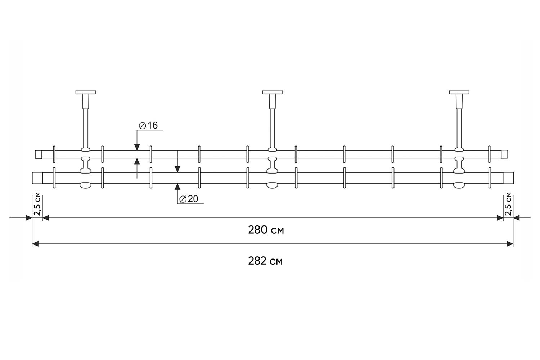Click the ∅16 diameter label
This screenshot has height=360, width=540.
(148, 125)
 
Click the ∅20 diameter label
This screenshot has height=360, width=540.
(189, 199)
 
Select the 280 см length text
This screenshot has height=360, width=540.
(266, 230)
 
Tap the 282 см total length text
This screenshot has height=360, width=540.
(265, 261)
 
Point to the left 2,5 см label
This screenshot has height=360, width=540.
(37, 204)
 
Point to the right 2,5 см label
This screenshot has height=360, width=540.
(508, 204)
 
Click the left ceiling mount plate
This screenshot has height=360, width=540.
(86, 93)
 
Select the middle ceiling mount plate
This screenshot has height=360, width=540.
(273, 93)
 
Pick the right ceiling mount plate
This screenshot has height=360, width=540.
(459, 93)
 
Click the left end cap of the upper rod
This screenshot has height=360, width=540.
(39, 154)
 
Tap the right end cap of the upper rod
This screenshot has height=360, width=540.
(505, 154)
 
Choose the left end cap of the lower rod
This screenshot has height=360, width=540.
(37, 178)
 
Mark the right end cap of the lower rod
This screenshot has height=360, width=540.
(508, 178)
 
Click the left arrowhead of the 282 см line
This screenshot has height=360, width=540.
(35, 244)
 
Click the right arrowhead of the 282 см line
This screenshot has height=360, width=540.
(510, 244)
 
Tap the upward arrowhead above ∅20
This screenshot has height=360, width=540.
(177, 186)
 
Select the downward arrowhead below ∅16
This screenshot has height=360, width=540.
(137, 147)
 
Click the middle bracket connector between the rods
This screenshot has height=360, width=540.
(273, 165)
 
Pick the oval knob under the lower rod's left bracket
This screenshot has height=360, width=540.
(86, 185)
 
